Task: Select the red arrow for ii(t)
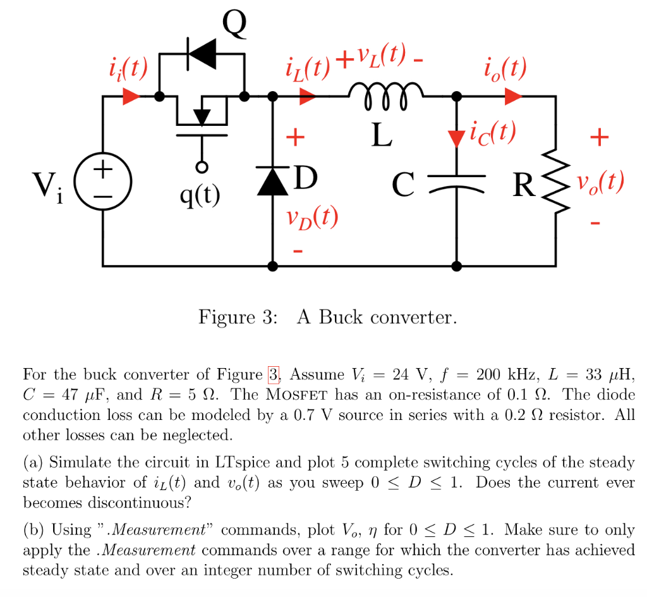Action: point(131,97)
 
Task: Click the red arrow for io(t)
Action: point(512,97)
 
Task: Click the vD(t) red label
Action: point(310,219)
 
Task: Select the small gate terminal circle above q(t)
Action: point(202,168)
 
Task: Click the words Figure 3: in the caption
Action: point(238,316)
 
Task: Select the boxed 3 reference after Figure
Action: point(274,375)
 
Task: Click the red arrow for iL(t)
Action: point(308,97)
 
